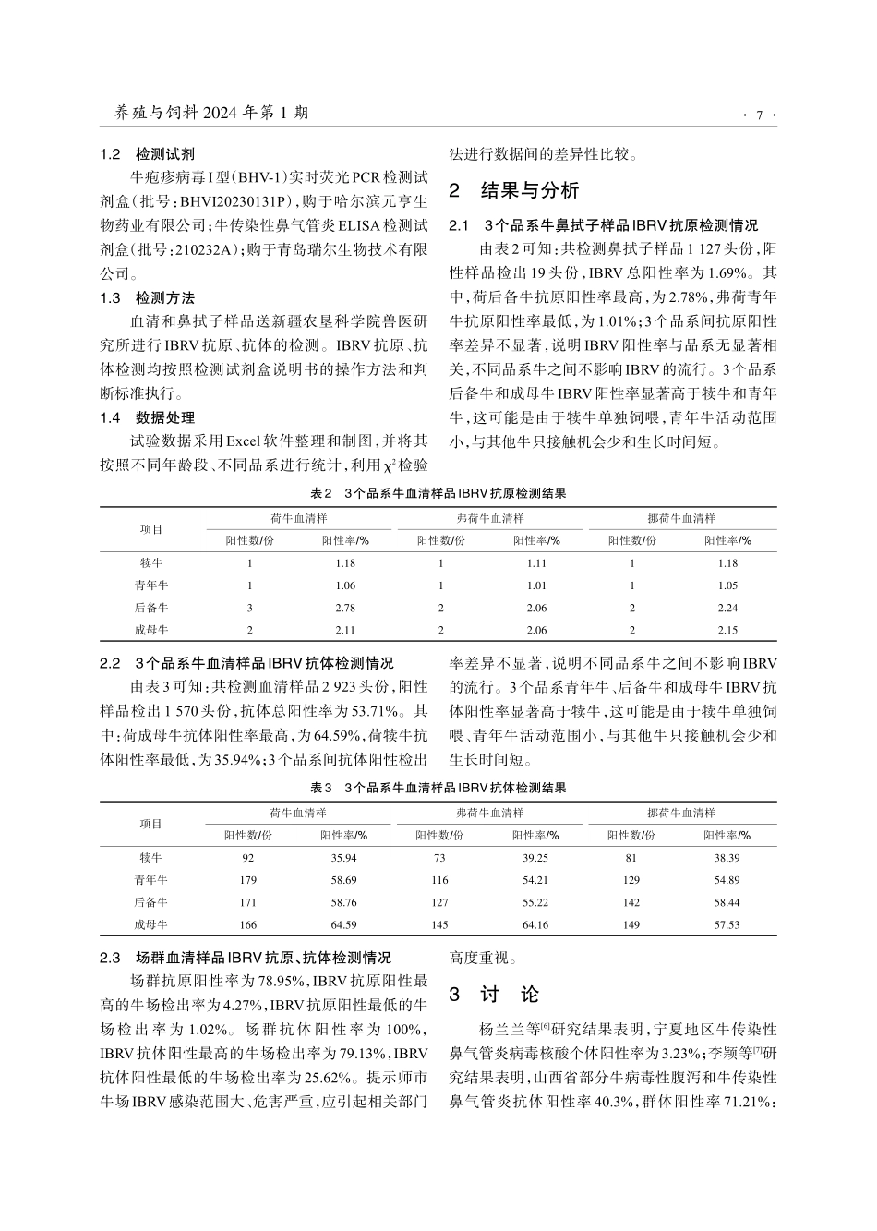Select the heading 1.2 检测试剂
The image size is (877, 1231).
pyautogui.click(x=147, y=154)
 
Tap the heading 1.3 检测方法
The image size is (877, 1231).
pyautogui.click(x=147, y=298)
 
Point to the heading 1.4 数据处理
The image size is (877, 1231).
pyautogui.click(x=147, y=418)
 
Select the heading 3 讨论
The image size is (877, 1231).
pyautogui.click(x=494, y=995)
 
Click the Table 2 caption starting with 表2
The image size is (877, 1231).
pyautogui.click(x=438, y=493)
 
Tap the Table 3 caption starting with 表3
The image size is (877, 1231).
pyautogui.click(x=438, y=788)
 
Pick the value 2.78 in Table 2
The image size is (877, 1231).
pyautogui.click(x=344, y=608)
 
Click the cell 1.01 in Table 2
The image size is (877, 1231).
pyautogui.click(x=535, y=585)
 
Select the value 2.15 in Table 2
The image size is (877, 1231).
pyautogui.click(x=727, y=630)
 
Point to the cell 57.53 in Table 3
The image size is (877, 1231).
pyautogui.click(x=727, y=924)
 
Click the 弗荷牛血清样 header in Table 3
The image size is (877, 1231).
pyautogui.click(x=489, y=814)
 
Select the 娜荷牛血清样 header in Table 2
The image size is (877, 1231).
pyautogui.click(x=681, y=518)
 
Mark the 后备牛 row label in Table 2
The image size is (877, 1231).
pyautogui.click(x=151, y=608)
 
